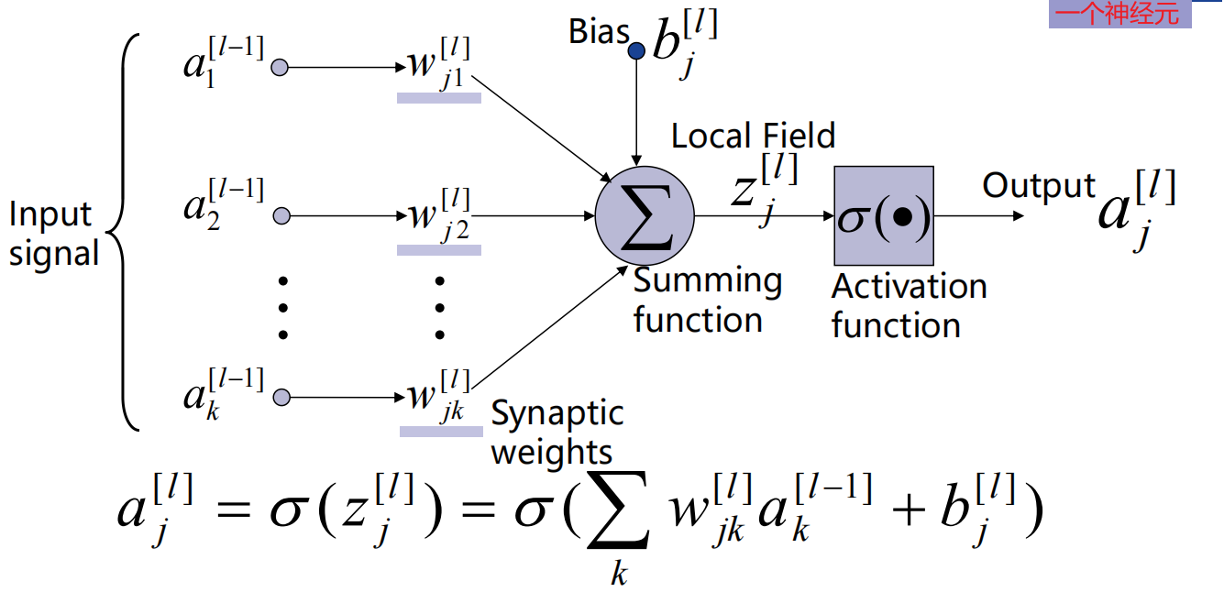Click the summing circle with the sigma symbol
click(x=645, y=217)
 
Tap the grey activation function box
click(x=883, y=216)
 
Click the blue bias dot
click(x=636, y=51)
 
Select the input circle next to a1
click(x=281, y=67)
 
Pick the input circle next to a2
click(x=281, y=216)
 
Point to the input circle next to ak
click(x=281, y=397)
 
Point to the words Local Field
click(x=753, y=136)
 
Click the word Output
click(x=1038, y=185)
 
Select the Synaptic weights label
click(x=556, y=433)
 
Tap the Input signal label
click(x=52, y=233)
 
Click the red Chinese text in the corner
click(x=1119, y=14)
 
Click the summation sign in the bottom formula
click(x=619, y=520)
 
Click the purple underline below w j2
click(x=438, y=248)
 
